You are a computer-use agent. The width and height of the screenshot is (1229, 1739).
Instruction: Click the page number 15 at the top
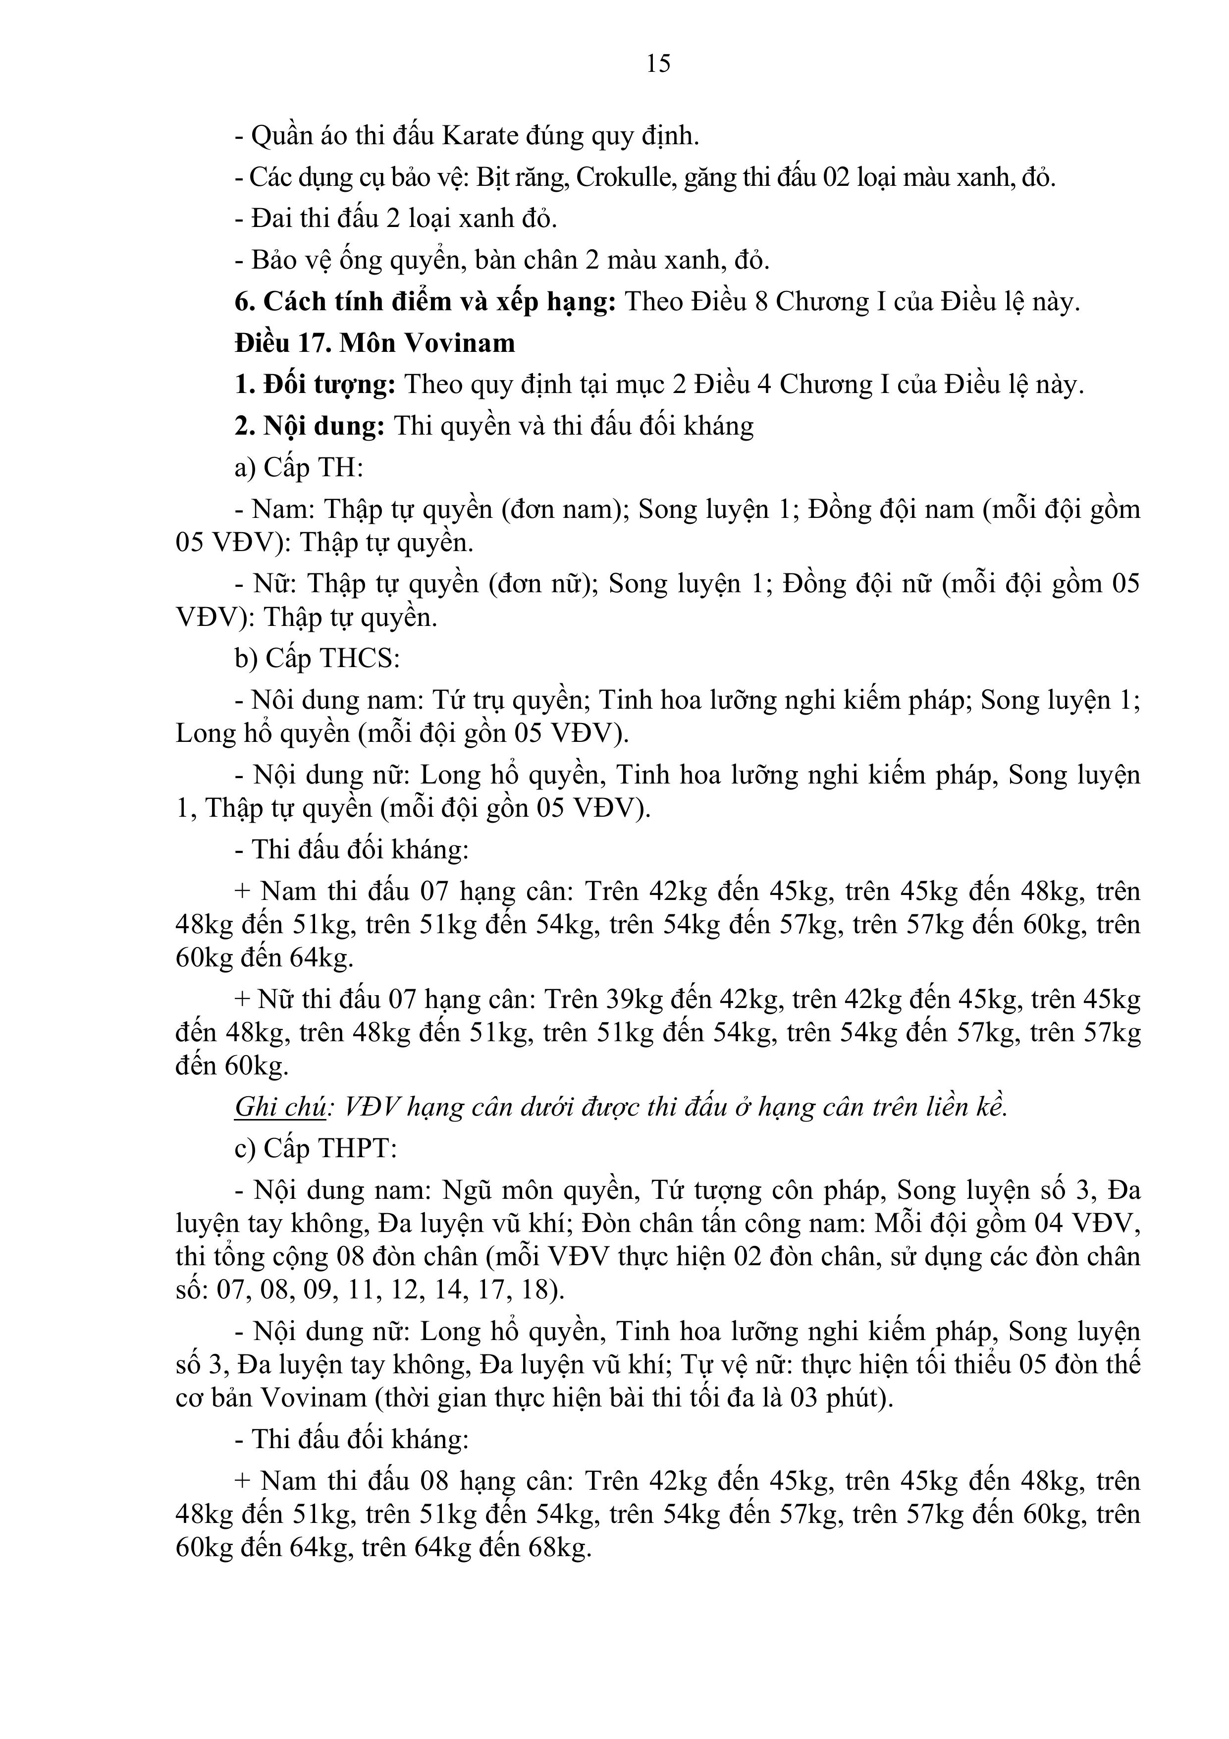point(658,63)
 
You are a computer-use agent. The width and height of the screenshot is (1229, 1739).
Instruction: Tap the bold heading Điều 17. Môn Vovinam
point(375,343)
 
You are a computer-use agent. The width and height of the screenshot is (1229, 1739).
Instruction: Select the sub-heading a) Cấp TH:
point(299,467)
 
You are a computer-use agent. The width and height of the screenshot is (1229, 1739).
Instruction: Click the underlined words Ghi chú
point(280,1107)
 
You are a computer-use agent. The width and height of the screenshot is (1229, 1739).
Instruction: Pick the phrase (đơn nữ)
point(540,584)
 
